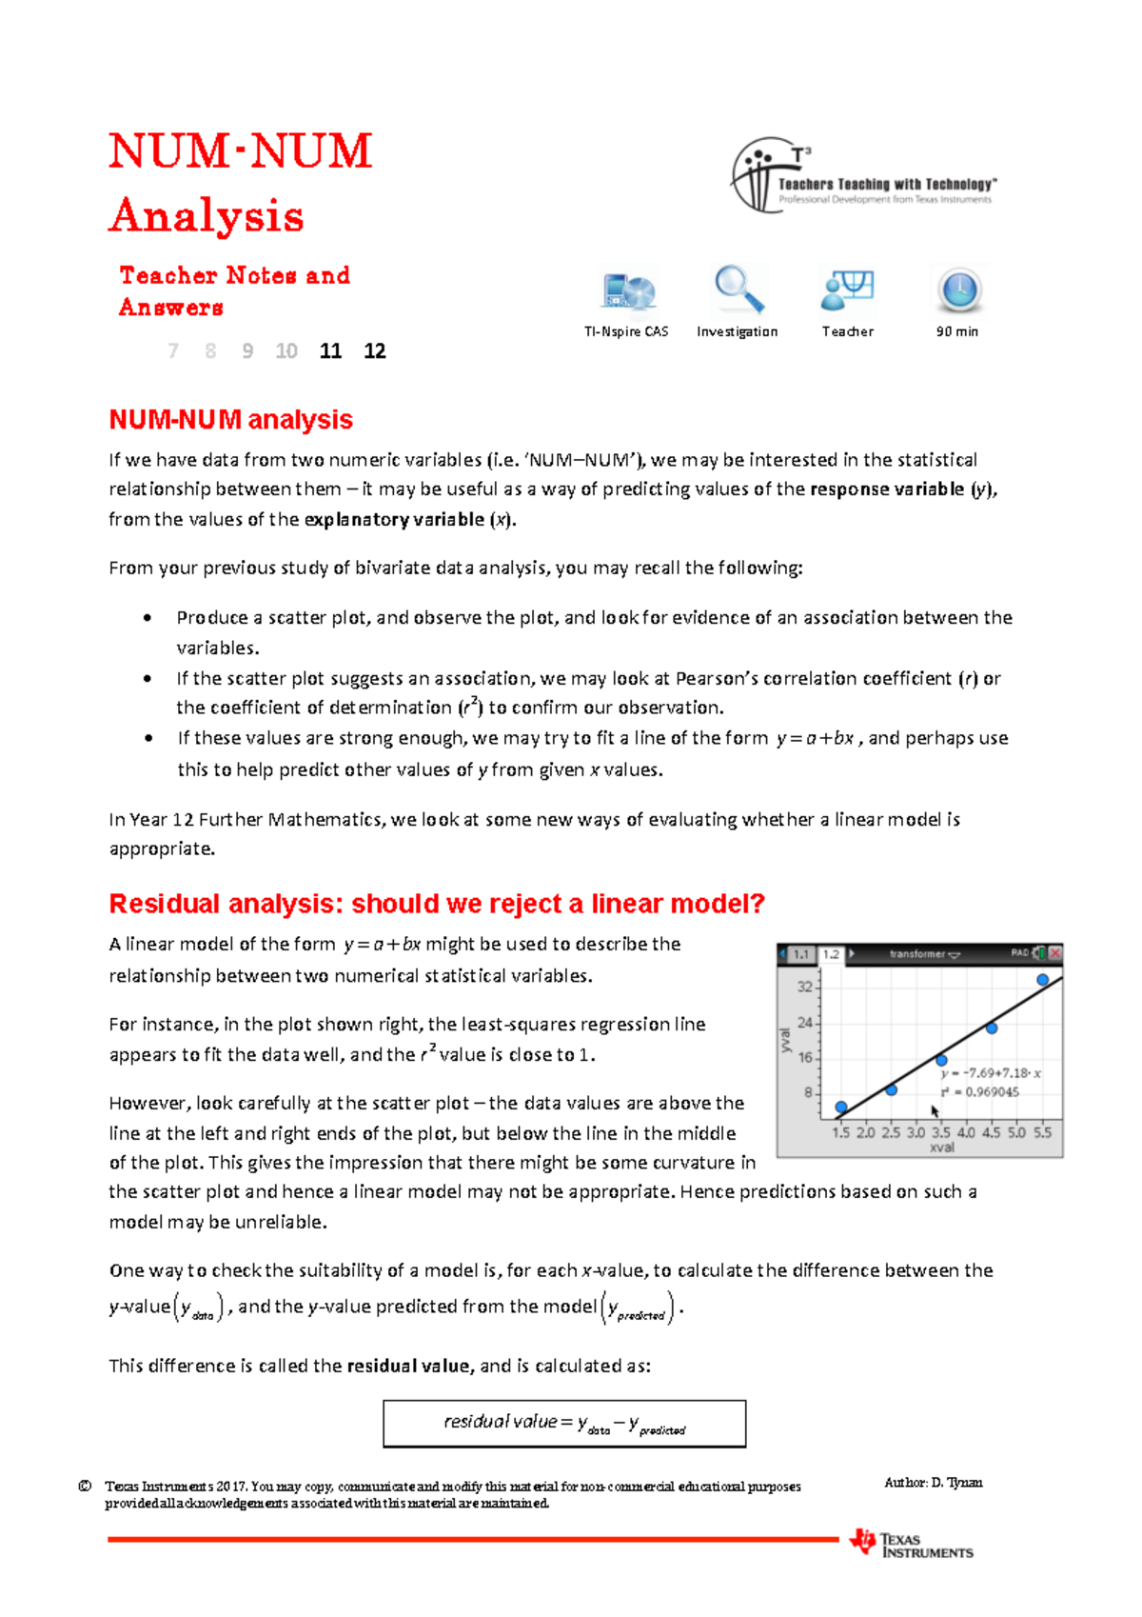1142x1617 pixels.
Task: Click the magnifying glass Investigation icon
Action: tap(738, 289)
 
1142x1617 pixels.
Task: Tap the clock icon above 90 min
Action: tap(958, 290)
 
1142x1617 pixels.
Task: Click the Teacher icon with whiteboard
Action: tap(847, 289)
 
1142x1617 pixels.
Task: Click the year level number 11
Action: tap(330, 351)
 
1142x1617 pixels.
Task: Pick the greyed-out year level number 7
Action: tap(173, 351)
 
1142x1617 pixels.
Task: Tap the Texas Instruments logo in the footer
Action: tap(911, 1544)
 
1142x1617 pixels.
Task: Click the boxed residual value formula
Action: tap(564, 1424)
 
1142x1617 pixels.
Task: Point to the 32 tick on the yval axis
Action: tap(805, 987)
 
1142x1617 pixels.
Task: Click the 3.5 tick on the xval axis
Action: tap(940, 1133)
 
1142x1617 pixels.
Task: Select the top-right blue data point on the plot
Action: tap(1043, 979)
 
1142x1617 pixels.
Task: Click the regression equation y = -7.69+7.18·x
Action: tap(990, 1073)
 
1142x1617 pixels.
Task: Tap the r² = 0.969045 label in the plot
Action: tap(979, 1092)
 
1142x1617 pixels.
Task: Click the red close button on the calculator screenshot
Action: tap(1054, 953)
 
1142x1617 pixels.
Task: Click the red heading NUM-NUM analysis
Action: tap(230, 420)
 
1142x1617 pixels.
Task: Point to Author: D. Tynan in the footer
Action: tap(933, 1483)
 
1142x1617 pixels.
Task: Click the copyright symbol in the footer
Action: tap(85, 1487)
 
